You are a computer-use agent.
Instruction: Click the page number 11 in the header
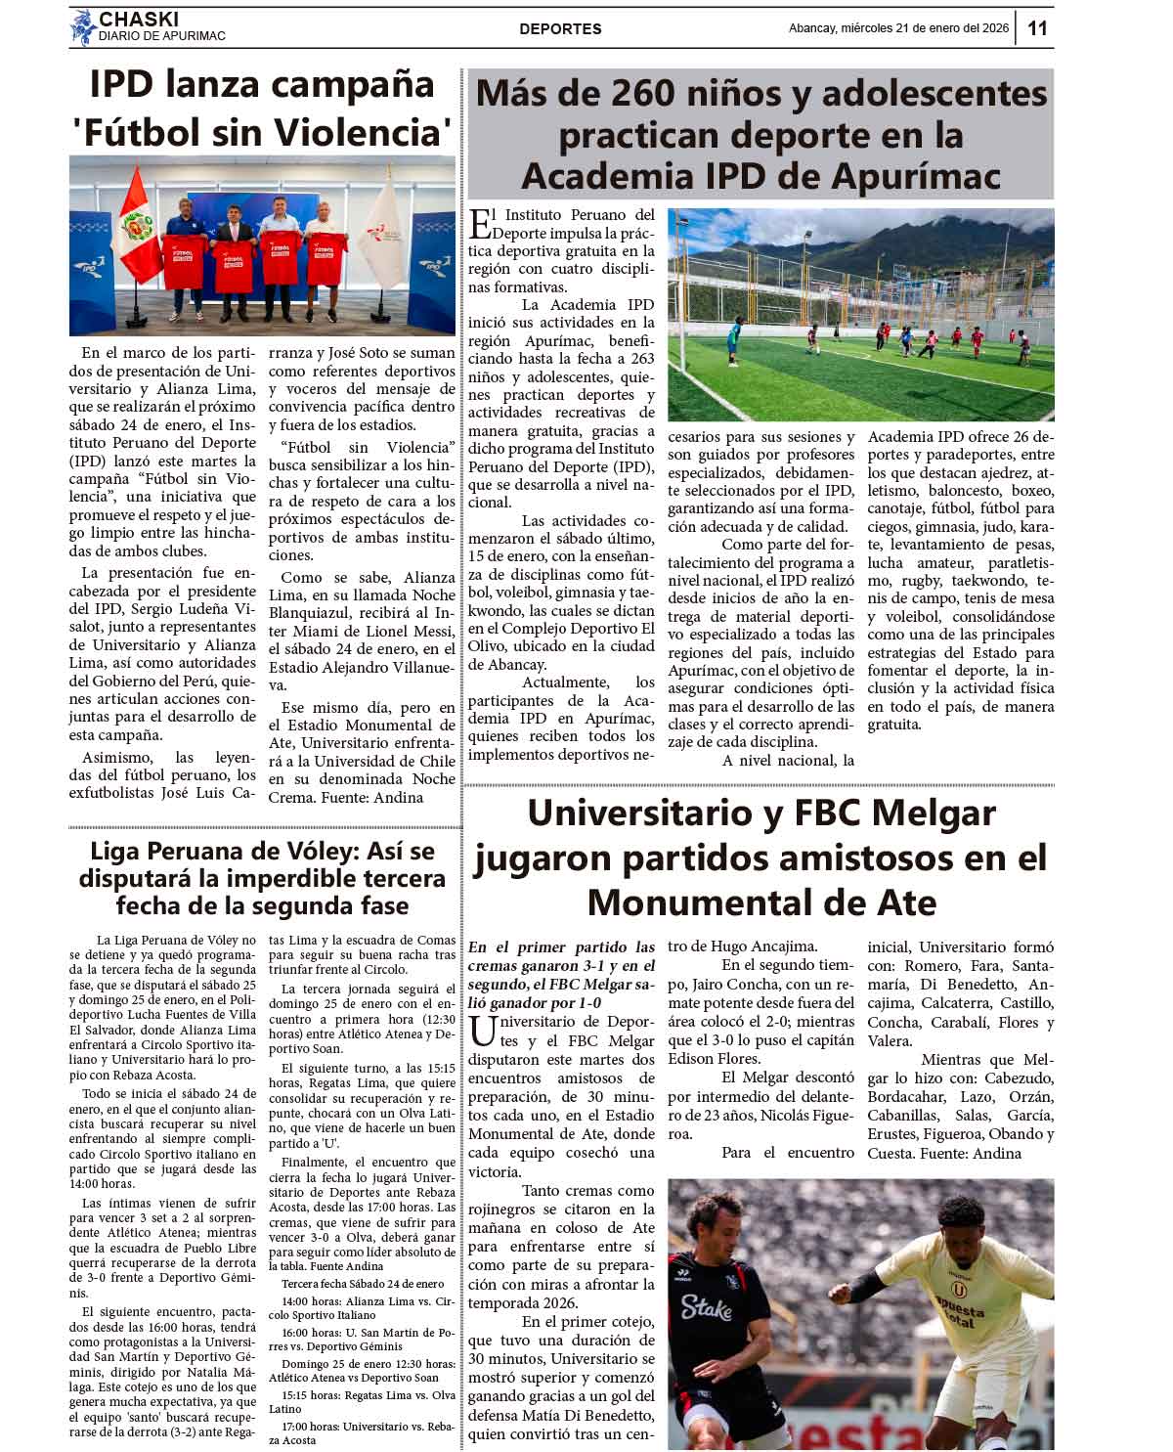(1037, 28)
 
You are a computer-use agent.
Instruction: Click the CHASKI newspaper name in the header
(138, 19)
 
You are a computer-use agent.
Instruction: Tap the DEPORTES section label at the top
(560, 29)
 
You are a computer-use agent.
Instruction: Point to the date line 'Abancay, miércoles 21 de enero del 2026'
(898, 28)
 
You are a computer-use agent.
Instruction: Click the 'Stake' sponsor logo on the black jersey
(706, 1307)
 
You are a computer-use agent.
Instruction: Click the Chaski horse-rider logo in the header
(82, 27)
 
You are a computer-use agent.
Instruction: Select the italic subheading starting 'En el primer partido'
(561, 975)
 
